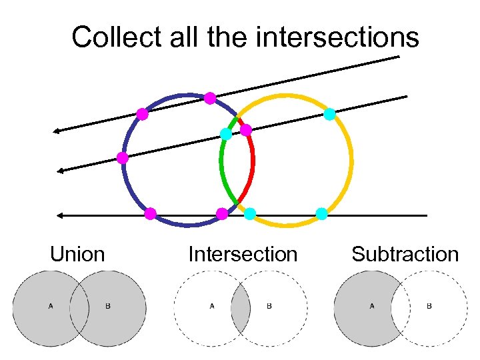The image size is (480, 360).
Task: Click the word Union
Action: pyautogui.click(x=77, y=255)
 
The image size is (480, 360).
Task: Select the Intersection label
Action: pyautogui.click(x=243, y=255)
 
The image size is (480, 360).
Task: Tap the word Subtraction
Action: pyautogui.click(x=405, y=255)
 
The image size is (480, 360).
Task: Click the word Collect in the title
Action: pyautogui.click(x=111, y=37)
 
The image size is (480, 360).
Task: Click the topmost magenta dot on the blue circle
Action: pyautogui.click(x=209, y=98)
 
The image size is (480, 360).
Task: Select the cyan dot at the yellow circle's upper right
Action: pyautogui.click(x=329, y=114)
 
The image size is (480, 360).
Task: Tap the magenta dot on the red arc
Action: pyautogui.click(x=245, y=129)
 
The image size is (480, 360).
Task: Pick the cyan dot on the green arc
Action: pyautogui.click(x=226, y=134)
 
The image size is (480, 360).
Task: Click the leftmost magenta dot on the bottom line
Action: pyautogui.click(x=151, y=214)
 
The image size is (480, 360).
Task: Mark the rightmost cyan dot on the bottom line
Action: pyautogui.click(x=321, y=214)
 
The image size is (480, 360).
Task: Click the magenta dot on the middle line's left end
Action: pyautogui.click(x=123, y=158)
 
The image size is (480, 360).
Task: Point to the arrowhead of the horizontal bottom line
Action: pyautogui.click(x=59, y=215)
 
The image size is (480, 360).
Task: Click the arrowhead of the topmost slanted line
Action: pyautogui.click(x=57, y=131)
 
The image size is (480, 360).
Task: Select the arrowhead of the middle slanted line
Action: pyautogui.click(x=60, y=171)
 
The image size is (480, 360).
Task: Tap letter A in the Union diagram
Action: pyautogui.click(x=50, y=307)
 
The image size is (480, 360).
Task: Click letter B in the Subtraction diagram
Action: pyautogui.click(x=429, y=307)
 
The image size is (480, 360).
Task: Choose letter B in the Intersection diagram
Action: pyautogui.click(x=269, y=307)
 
